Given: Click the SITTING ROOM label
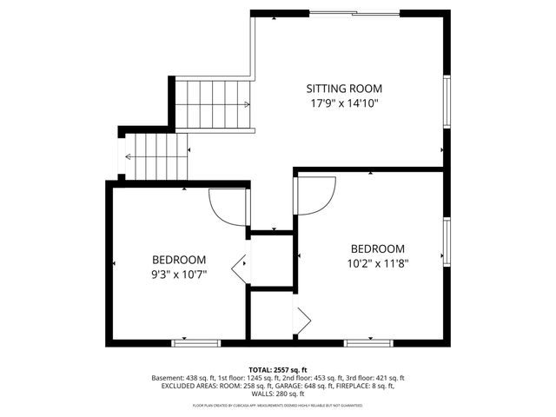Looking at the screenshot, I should [x=344, y=89].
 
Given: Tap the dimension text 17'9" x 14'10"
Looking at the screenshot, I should [x=344, y=103].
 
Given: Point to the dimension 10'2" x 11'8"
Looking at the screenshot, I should [x=378, y=262].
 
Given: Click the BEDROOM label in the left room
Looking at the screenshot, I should [x=179, y=260].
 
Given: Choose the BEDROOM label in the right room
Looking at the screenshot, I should [x=378, y=248].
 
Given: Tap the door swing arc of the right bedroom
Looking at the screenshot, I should [x=318, y=196].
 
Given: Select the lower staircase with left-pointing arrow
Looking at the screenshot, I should [x=156, y=157].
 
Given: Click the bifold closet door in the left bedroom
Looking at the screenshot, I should [x=241, y=267].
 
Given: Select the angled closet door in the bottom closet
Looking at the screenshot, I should [x=302, y=321].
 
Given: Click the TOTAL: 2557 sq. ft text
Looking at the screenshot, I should [x=278, y=370].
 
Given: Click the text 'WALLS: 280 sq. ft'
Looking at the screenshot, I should [x=278, y=396].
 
